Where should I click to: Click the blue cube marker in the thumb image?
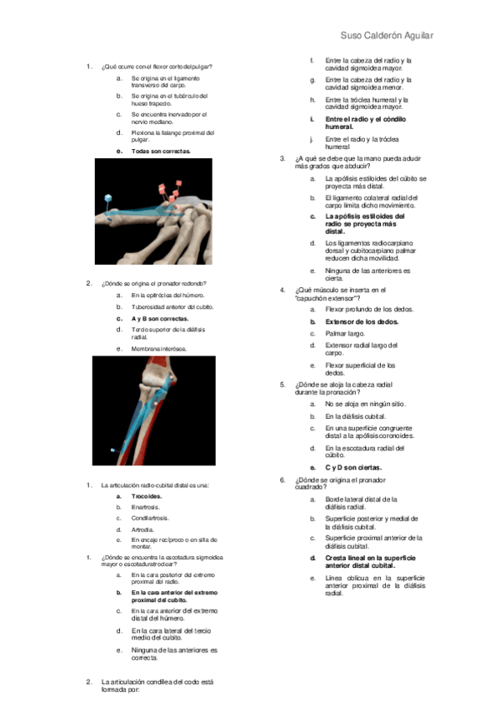pyautogui.click(x=107, y=199)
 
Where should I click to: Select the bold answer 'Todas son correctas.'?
pyautogui.click(x=161, y=152)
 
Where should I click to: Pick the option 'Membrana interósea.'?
pyautogui.click(x=159, y=348)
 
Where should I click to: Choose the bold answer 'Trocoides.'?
pyautogui.click(x=147, y=496)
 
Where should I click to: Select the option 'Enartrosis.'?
pyautogui.click(x=146, y=507)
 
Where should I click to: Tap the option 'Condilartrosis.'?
pyautogui.click(x=151, y=518)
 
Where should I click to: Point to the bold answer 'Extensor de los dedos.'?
pyautogui.click(x=362, y=321)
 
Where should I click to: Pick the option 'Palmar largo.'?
pyautogui.click(x=344, y=333)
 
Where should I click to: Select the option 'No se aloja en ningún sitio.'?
pyautogui.click(x=366, y=403)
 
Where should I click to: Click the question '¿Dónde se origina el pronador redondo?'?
pyautogui.click(x=153, y=283)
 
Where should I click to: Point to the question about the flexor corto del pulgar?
pyautogui.click(x=156, y=66)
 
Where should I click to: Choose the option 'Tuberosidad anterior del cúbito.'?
pyautogui.click(x=172, y=306)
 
